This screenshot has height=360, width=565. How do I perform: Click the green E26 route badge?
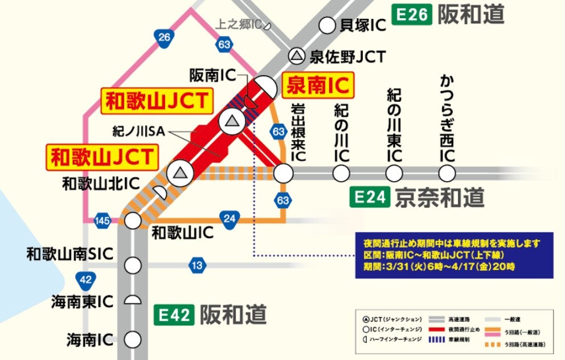click(412, 15)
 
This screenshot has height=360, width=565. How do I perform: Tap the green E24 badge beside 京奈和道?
click(370, 197)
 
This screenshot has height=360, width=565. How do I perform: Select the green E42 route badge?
click(174, 314)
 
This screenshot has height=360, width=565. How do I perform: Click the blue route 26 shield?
click(165, 38)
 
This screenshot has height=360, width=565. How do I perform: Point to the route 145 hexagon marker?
click(103, 221)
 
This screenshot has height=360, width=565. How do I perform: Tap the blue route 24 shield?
click(230, 219)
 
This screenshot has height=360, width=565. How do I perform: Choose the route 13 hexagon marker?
click(197, 265)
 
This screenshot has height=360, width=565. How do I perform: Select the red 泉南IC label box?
click(317, 86)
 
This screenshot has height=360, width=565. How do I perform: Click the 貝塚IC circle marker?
click(327, 26)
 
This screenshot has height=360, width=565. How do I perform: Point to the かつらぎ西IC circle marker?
click(447, 173)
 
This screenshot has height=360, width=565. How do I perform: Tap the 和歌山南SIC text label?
click(69, 254)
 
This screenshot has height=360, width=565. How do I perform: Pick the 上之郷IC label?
click(239, 24)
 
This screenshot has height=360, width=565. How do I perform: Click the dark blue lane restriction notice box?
click(455, 255)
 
